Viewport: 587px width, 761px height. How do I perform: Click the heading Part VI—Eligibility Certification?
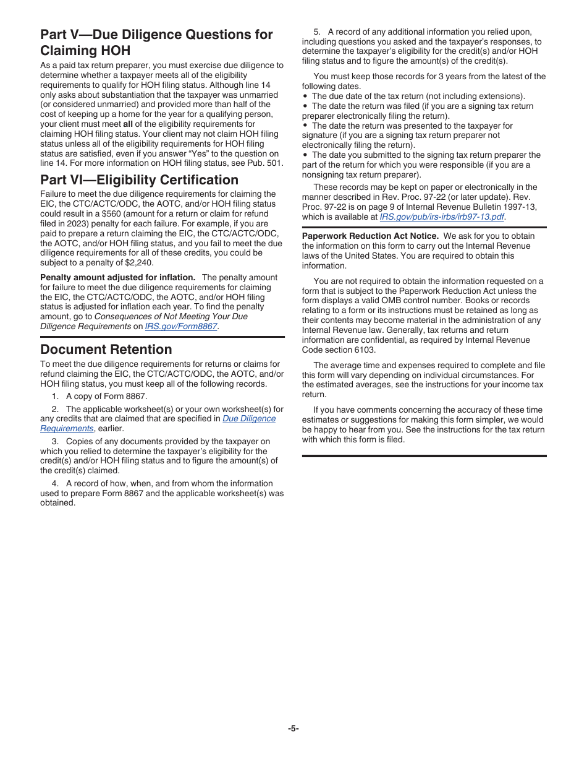pos(139,180)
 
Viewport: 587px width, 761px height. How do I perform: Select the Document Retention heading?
pos(106,350)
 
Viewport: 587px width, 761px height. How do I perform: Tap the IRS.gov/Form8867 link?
pos(181,327)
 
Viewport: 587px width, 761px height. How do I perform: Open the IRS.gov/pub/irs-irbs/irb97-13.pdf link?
pos(442,217)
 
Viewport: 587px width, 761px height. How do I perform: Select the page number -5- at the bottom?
pos(293,728)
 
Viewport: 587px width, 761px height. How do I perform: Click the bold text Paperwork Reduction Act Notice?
pos(370,236)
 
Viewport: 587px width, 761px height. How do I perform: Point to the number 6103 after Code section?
pos(364,350)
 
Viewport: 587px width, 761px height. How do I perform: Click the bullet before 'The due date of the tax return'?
pos(305,97)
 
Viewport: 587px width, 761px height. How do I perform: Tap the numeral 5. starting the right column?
pos(317,32)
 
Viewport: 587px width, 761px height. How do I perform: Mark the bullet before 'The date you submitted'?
pos(305,155)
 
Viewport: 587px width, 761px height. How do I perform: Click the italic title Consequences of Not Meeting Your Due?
pos(171,317)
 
